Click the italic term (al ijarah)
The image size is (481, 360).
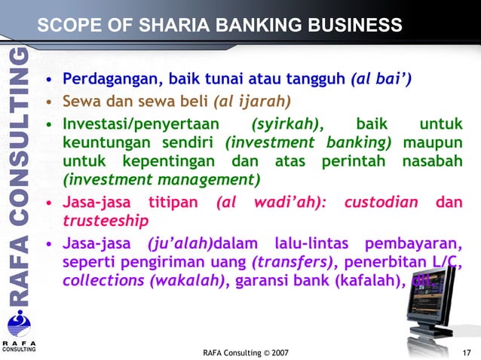click(x=253, y=100)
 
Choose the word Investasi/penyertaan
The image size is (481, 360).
click(x=140, y=123)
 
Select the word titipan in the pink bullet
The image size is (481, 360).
click(x=173, y=203)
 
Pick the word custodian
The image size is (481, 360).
click(x=382, y=203)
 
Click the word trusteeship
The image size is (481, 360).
click(x=106, y=221)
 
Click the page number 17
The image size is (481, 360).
click(x=466, y=352)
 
